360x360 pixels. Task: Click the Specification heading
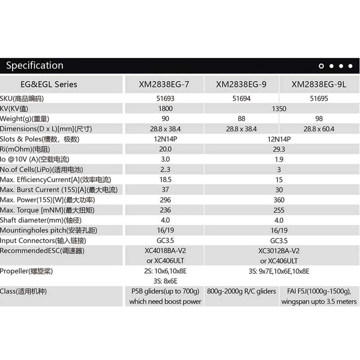click(35, 66)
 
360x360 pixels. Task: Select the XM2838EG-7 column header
click(165, 84)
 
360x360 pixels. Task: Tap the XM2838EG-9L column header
click(319, 84)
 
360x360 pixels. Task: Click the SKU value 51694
click(242, 98)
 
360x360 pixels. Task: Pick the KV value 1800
click(166, 108)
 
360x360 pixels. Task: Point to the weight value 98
click(319, 119)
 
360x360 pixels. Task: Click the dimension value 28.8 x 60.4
click(319, 129)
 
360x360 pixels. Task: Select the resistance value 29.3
click(279, 149)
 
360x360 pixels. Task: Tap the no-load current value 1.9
click(279, 159)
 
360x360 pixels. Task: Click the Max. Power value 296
click(166, 200)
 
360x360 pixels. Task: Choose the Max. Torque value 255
click(279, 210)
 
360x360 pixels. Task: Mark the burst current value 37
click(166, 190)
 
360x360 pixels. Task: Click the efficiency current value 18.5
click(166, 180)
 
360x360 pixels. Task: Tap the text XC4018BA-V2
click(166, 251)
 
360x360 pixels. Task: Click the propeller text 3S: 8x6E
click(166, 281)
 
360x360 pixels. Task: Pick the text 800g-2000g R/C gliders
click(242, 292)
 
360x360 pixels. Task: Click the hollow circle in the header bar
click(321, 66)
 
